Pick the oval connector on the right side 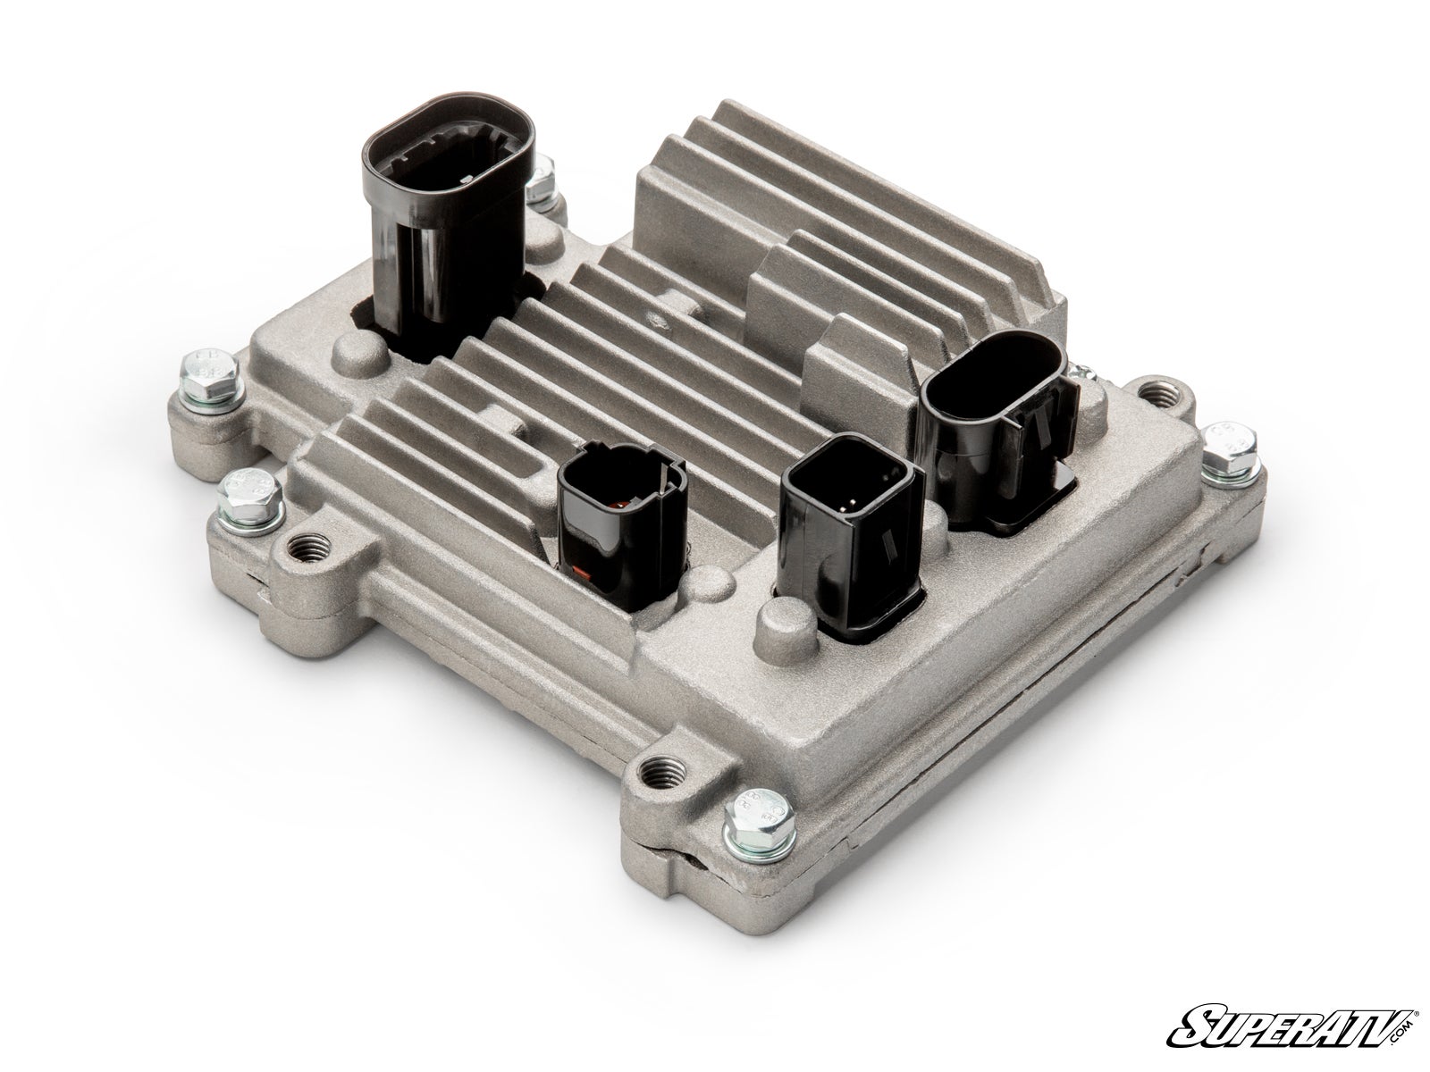tap(993, 429)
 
